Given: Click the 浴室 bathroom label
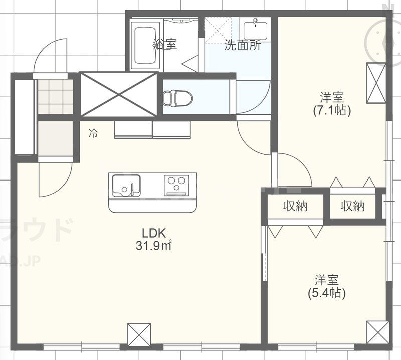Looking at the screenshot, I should coord(165,44).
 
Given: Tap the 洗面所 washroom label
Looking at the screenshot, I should coord(242,45).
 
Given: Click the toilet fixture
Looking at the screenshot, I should coord(178,97).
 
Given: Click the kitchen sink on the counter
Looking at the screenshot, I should coord(126,185).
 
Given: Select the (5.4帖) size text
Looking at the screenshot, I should coord(326,293).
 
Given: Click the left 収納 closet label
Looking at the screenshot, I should coord(295,206).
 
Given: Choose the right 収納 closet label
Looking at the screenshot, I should coord(353,206).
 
